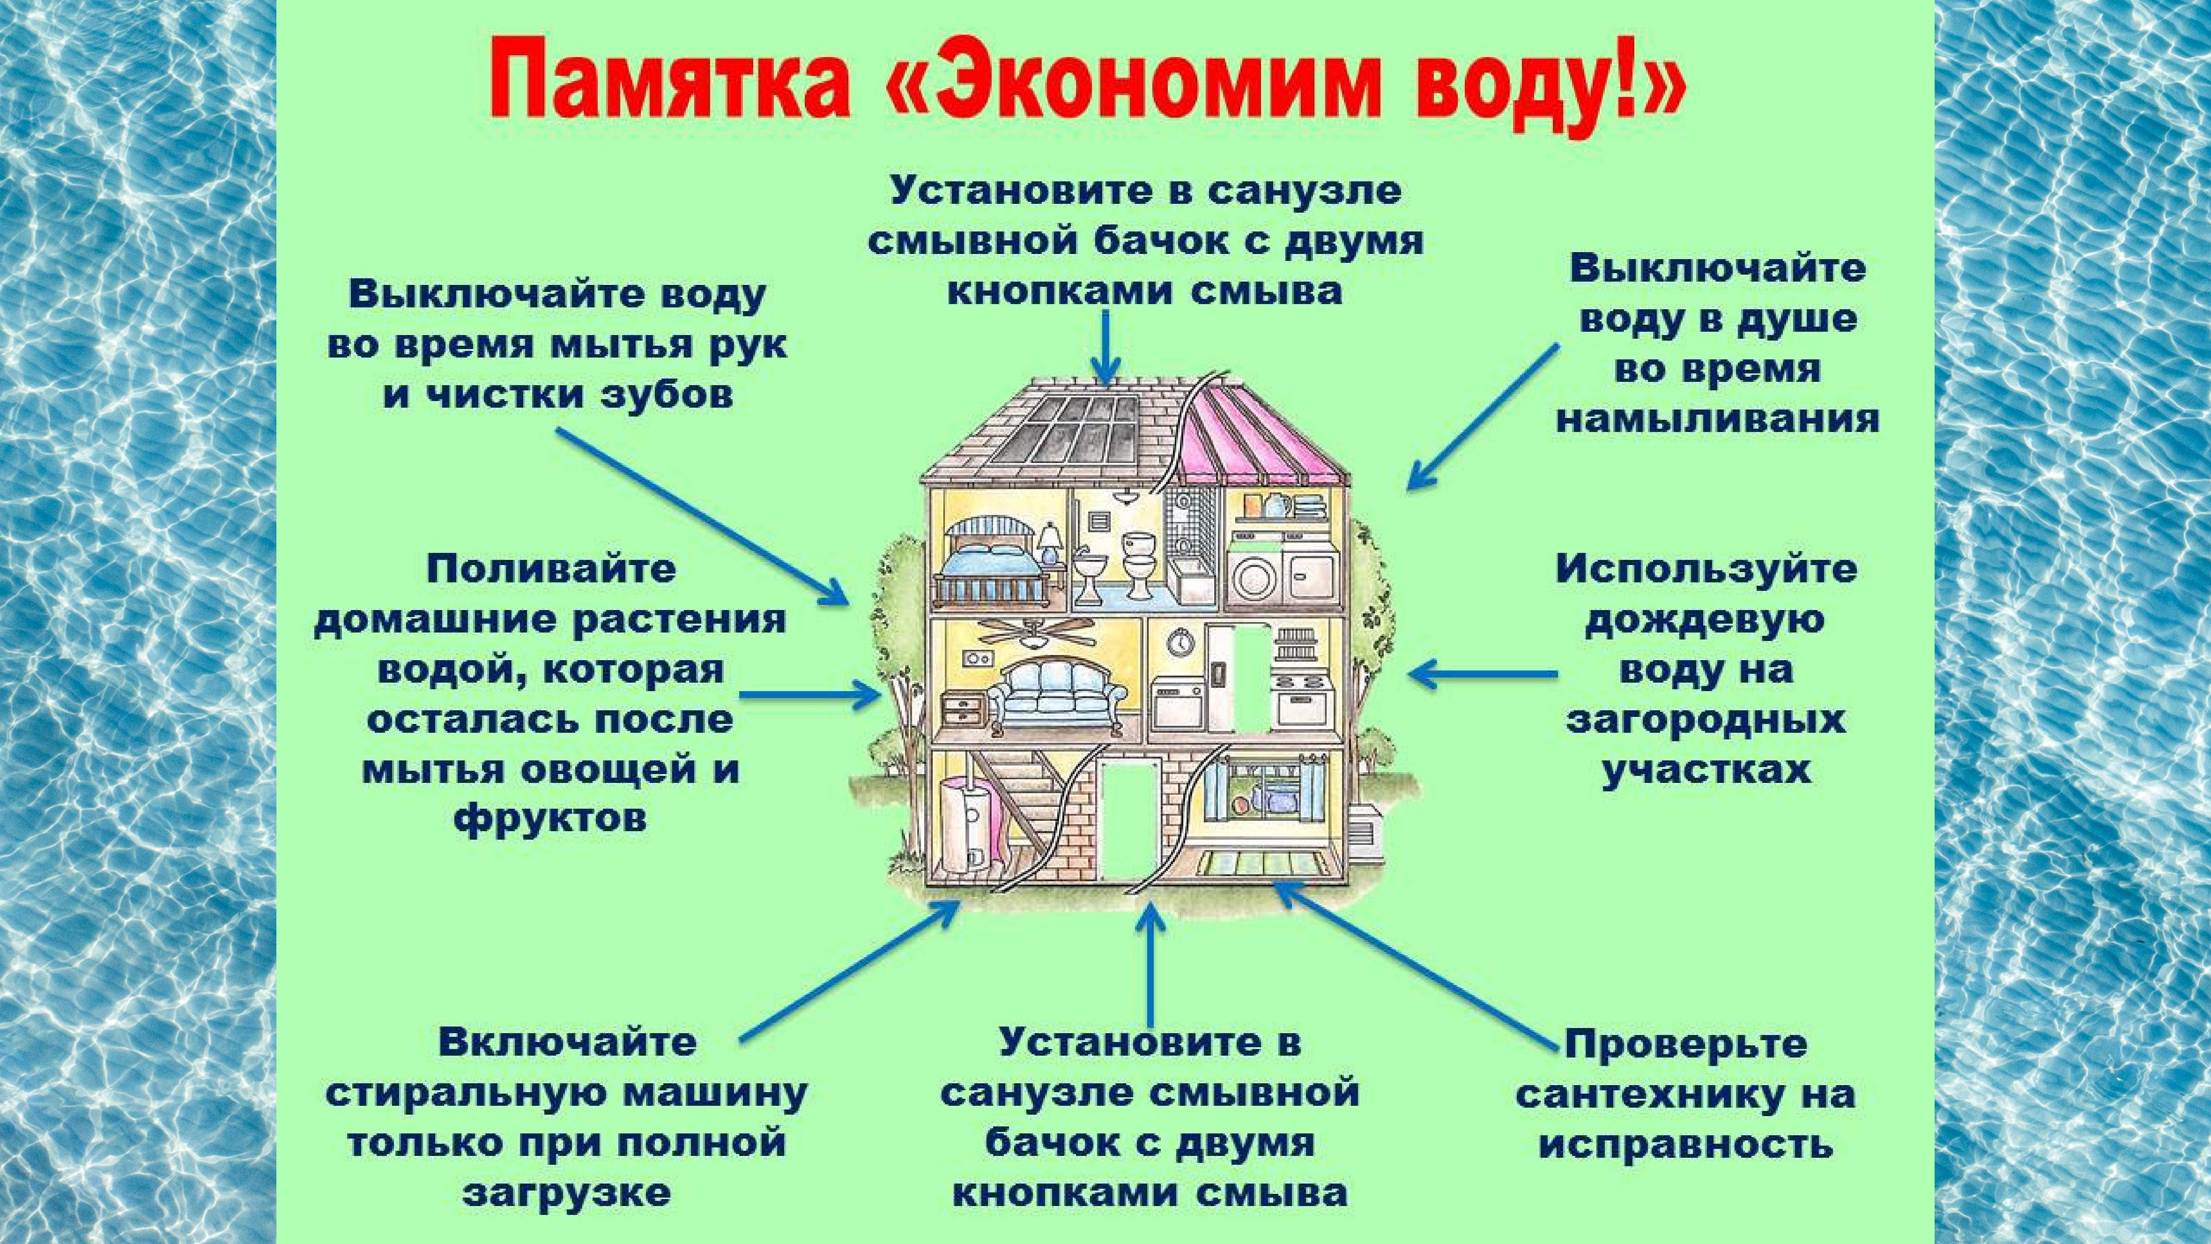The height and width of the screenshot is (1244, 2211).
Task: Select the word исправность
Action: coord(1686,1145)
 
